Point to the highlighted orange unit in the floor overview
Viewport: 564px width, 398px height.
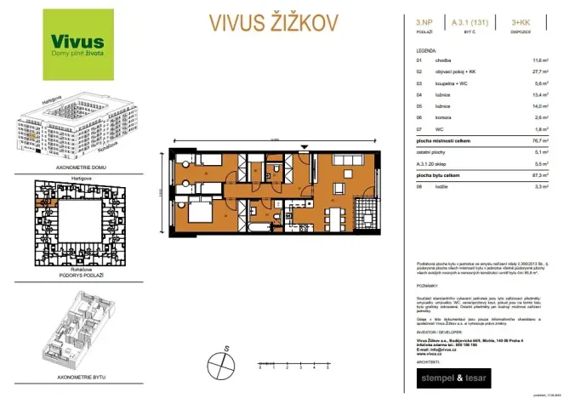39,201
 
